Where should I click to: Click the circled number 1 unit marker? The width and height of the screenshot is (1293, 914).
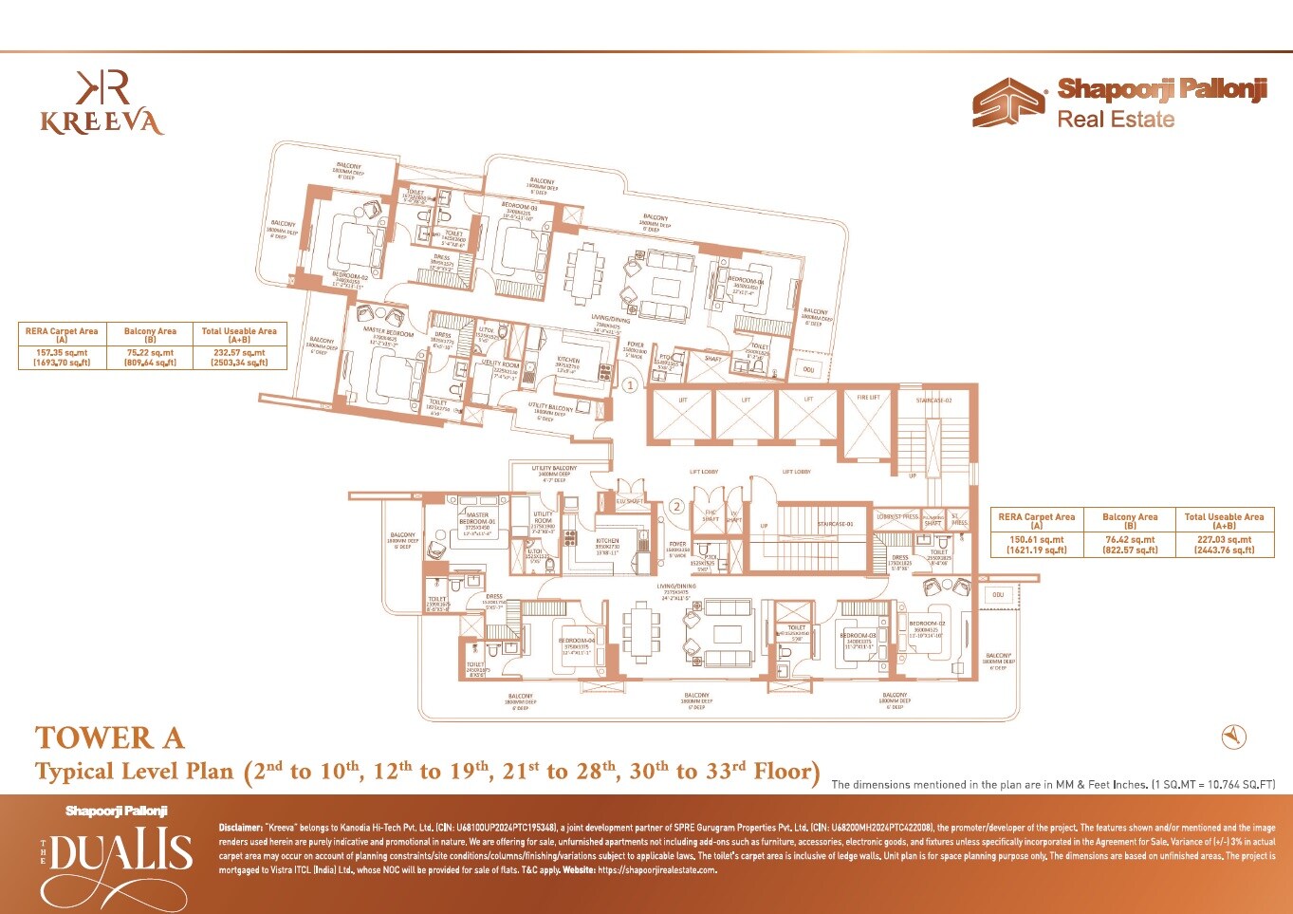pos(630,385)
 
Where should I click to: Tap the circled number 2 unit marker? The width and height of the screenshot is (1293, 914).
pos(677,507)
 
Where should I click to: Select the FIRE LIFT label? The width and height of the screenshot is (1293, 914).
pos(868,398)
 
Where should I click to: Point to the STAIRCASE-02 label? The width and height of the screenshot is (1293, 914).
pos(933,401)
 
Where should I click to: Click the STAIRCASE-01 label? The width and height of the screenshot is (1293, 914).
pos(835,524)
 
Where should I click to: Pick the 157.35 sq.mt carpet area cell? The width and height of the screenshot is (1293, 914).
pos(62,357)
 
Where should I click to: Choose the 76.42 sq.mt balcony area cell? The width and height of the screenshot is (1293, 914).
pos(1130,545)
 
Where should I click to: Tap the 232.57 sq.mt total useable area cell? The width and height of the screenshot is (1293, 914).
pos(239,357)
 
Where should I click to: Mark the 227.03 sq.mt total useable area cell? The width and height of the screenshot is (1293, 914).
pos(1224,545)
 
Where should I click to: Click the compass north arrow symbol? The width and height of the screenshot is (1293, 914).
pos(1233,736)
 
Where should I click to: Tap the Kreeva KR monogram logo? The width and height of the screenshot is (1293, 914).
pos(102,87)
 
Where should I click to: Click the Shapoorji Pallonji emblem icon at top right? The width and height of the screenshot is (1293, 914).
pos(1008,103)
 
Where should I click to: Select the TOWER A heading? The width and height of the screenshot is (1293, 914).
pos(110,738)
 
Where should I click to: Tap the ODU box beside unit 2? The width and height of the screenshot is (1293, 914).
pos(997,595)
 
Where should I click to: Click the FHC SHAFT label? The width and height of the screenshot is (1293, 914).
pos(710,517)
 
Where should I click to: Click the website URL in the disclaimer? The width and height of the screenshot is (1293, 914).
pos(656,869)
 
